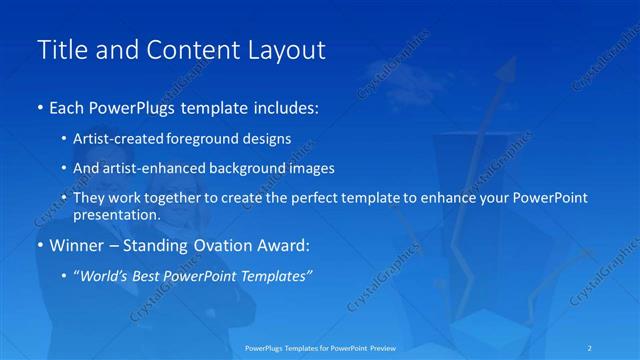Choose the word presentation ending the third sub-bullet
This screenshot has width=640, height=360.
(x=116, y=215)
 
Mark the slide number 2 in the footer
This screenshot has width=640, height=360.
(x=590, y=347)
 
